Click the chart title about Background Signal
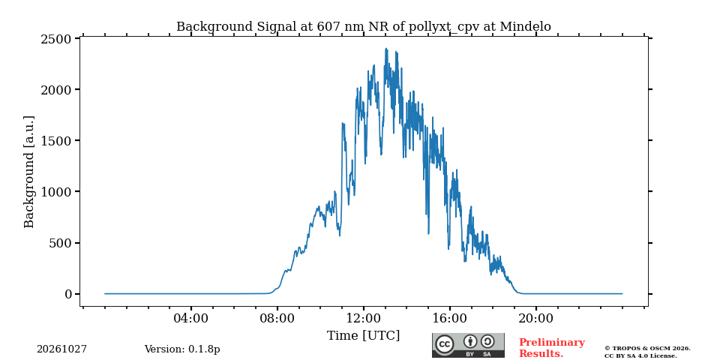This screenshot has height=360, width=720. coord(364,27)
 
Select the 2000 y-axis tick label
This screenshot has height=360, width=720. coord(56,89)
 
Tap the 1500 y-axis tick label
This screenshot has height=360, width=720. coord(56,140)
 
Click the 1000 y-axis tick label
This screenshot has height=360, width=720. coord(56,191)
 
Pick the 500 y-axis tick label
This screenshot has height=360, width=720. coord(60,243)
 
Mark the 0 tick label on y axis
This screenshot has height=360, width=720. coord(68,294)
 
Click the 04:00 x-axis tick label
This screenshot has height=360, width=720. coord(191,318)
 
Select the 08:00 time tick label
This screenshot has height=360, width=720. coord(277,318)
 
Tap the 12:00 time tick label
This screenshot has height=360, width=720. coord(364,318)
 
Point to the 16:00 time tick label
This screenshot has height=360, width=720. coord(450,318)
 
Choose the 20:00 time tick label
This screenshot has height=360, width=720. coord(536,318)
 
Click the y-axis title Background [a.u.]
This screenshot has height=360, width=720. coord(29,172)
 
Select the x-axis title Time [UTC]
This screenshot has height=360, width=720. coord(364,336)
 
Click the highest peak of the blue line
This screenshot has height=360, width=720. coord(386,49)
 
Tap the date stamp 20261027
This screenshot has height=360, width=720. coord(62,349)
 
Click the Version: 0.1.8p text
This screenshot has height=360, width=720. coord(182,349)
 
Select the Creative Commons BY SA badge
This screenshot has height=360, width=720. coord(468,345)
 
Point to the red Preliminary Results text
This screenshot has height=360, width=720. coord(552,348)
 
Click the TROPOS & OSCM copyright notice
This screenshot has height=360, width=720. coord(647,352)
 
